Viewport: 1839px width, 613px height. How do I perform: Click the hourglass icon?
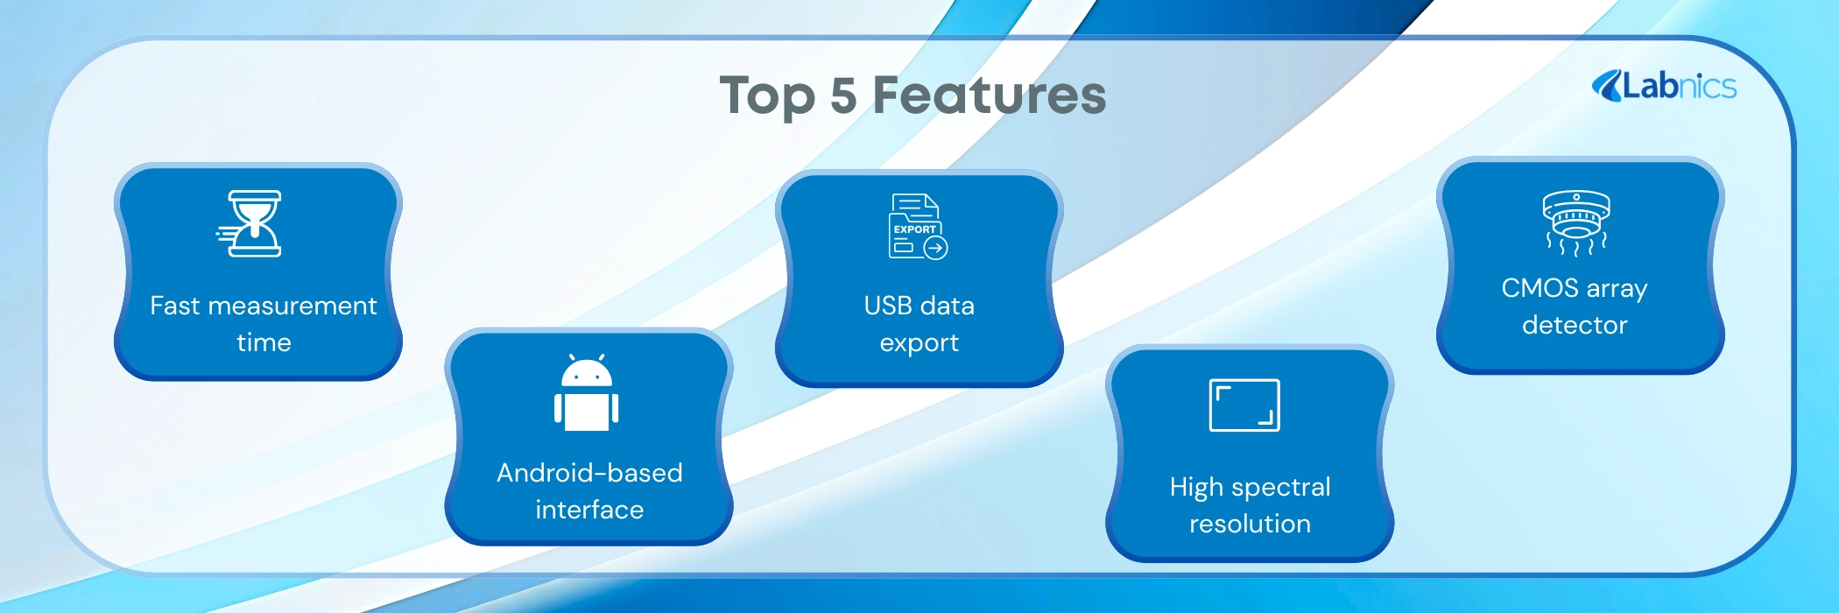click(250, 223)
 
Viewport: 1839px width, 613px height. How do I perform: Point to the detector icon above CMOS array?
click(1576, 222)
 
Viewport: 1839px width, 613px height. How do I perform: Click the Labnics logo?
click(1664, 86)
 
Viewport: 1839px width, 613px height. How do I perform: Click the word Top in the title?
click(767, 96)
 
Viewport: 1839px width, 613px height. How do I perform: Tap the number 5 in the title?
click(843, 95)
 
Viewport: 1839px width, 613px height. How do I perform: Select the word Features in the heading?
click(990, 95)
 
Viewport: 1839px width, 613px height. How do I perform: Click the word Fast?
click(175, 306)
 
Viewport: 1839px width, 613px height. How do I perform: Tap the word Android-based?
click(589, 473)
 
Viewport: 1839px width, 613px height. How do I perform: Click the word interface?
click(589, 510)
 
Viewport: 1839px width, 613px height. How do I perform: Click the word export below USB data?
click(919, 343)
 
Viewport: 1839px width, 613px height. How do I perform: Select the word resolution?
click(1250, 524)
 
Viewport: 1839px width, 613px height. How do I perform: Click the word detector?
click(1575, 325)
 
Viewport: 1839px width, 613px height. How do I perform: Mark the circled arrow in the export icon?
click(936, 249)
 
